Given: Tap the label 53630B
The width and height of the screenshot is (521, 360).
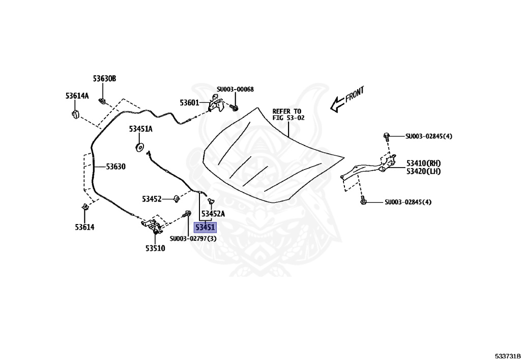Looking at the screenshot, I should coord(104,79).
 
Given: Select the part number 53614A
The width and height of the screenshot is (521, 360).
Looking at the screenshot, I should coord(77,96).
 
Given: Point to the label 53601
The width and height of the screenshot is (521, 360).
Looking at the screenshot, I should coord(189,103).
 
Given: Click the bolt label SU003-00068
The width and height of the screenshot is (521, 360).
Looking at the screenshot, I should coord(235,90).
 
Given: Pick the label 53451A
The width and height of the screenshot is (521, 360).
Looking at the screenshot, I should coord(140,129).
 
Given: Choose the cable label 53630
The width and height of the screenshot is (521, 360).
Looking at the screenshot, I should coord(115,167).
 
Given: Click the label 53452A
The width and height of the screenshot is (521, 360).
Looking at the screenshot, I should coord(213,214).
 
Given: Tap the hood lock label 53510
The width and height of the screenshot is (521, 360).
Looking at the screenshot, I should coord(155,248).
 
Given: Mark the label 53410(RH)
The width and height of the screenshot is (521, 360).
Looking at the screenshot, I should coord(423,163).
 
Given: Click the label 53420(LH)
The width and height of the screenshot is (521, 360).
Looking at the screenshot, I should coord(423,172).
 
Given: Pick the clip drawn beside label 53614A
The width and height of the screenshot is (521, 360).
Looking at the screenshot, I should coord(75,113).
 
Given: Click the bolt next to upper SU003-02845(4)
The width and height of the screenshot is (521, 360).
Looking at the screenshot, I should coord(387,136).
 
